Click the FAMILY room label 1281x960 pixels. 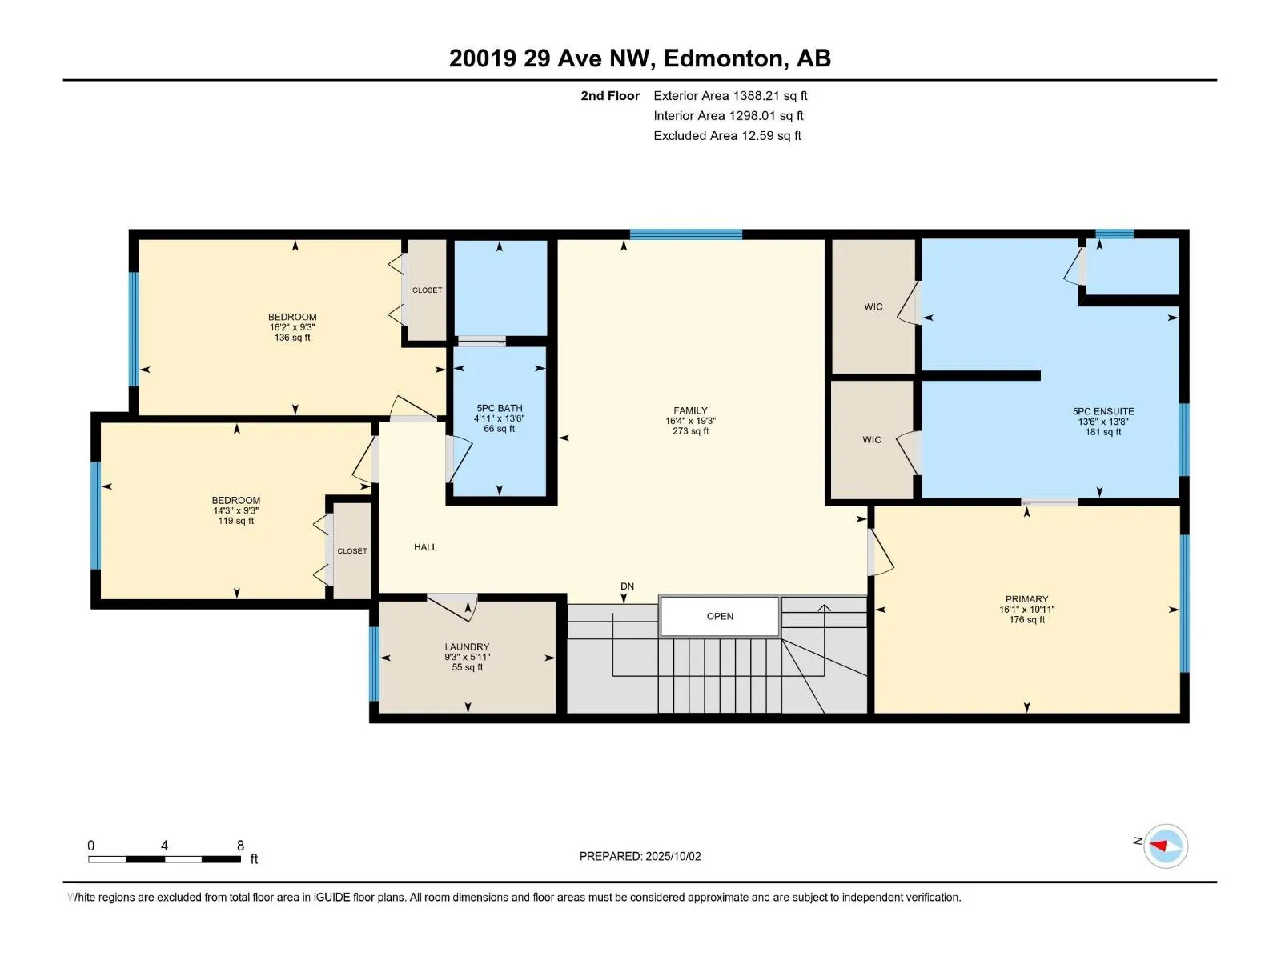pos(690,410)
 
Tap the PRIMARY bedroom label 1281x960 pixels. pos(1026,599)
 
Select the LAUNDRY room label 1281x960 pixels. pos(467,647)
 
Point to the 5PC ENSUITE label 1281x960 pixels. pos(1103,411)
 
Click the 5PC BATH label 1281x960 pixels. pos(499,409)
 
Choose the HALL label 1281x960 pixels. pos(425,547)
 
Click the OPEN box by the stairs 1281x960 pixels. pos(720,616)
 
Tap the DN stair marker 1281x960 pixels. pos(628,586)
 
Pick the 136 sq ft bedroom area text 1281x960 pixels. pos(292,338)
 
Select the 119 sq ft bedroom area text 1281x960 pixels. pos(235,521)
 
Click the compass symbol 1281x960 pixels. pos(1166,846)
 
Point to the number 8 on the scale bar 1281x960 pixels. pos(240,845)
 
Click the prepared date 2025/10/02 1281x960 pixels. pos(673,856)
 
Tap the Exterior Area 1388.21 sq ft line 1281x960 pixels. pos(730,95)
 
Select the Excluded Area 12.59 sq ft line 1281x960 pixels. pos(727,136)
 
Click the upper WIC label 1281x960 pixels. pos(873,307)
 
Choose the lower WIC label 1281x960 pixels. pos(872,440)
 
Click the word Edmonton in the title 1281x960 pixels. pos(723,58)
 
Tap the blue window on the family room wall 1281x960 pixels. pos(685,234)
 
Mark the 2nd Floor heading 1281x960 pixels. pos(610,95)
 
